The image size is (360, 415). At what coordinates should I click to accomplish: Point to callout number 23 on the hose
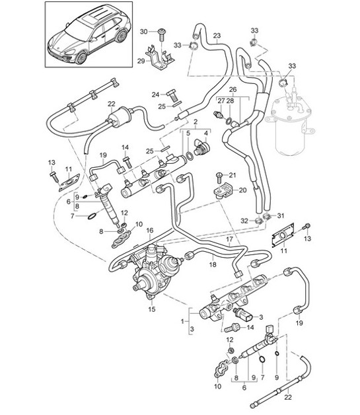(x=217, y=36)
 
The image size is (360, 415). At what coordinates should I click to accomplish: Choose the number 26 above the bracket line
(x=232, y=89)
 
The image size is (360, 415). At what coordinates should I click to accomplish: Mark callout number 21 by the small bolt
(x=231, y=174)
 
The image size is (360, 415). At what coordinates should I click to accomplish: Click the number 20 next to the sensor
(x=242, y=190)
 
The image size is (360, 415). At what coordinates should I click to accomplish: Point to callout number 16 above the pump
(x=150, y=230)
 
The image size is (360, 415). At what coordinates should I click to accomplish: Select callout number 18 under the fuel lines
(x=213, y=264)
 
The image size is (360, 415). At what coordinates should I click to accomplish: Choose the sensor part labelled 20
(x=221, y=192)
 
